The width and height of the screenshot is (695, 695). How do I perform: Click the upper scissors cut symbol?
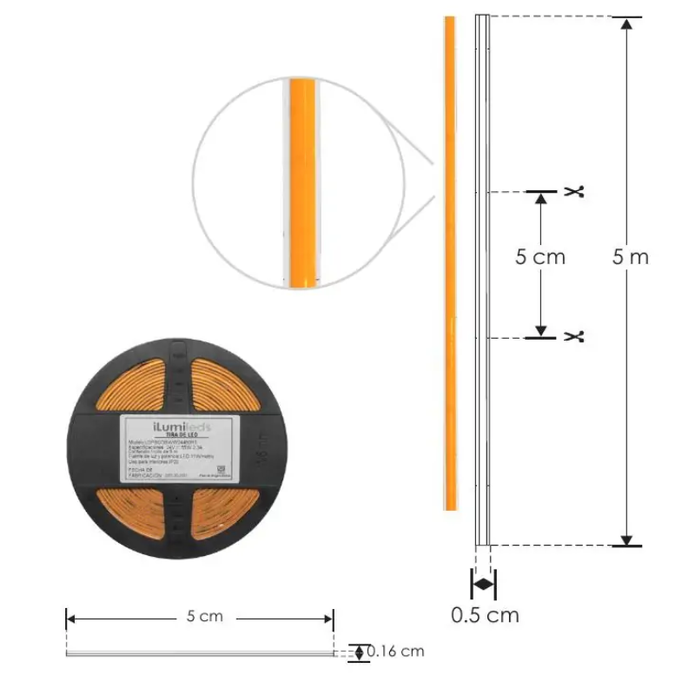point(573,191)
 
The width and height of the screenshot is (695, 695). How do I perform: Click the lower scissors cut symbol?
point(573,336)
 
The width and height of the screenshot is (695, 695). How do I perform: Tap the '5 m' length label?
point(630,257)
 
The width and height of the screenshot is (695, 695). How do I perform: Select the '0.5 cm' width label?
point(485,615)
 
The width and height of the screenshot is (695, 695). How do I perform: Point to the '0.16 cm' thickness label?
point(395,651)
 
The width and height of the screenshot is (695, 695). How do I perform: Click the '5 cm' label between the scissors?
point(539,257)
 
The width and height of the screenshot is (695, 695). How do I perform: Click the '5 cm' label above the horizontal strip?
point(205,617)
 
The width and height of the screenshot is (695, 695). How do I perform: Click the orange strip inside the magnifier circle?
point(302,182)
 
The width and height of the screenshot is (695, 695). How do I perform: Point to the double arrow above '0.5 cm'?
point(483,584)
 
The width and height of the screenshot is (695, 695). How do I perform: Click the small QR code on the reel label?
point(220,468)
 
